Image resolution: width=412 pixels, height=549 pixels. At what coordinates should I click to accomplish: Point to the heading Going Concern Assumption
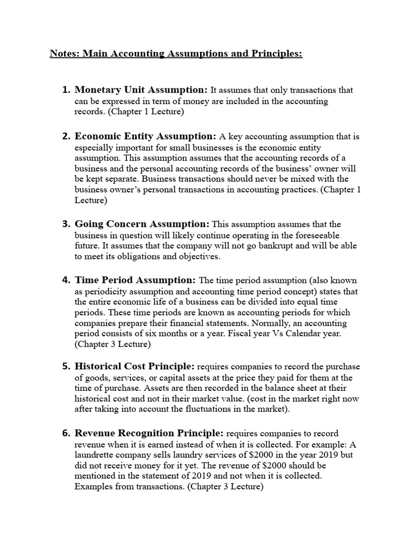coord(142,224)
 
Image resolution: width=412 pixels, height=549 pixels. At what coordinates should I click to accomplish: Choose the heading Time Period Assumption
coord(135,280)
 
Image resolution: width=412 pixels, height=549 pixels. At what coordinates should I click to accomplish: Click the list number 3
coord(67,224)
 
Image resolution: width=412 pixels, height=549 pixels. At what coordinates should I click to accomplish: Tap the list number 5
coord(67,367)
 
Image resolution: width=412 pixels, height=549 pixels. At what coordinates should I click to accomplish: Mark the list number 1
coord(67,90)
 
